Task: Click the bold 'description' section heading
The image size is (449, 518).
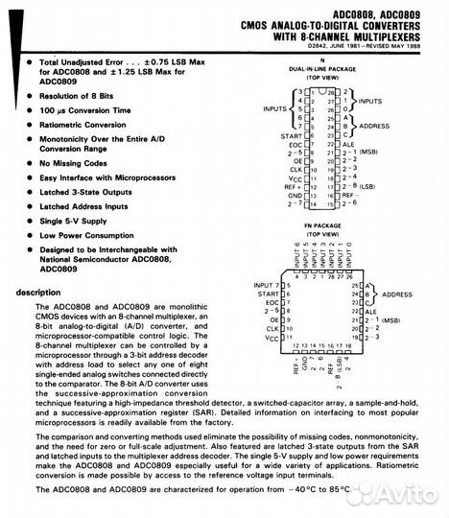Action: click(37, 292)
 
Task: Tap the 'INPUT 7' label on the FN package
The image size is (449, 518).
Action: click(267, 286)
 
